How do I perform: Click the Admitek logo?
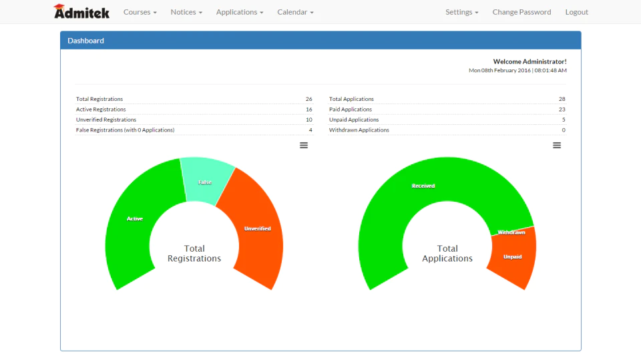point(81,11)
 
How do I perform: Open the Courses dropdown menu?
point(140,12)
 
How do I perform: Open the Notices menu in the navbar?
point(186,12)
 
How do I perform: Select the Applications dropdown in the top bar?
point(240,12)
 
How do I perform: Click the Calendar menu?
point(295,12)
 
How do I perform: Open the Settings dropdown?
point(461,12)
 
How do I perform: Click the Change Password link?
point(521,12)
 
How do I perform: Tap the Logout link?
point(576,12)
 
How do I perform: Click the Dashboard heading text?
point(86,41)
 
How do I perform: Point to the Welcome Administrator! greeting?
point(529,61)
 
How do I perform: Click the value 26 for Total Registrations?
point(308,99)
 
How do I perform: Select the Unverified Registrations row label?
point(106,120)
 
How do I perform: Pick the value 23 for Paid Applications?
point(562,110)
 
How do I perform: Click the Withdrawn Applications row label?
point(359,130)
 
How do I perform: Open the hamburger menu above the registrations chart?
point(304,145)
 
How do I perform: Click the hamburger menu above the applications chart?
point(557,145)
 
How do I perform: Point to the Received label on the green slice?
point(423,186)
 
